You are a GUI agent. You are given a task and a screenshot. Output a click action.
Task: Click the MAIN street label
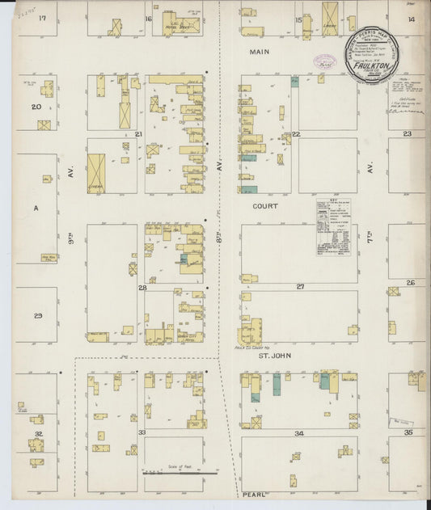tap(260, 51)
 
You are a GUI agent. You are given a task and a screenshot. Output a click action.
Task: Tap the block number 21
tap(139, 133)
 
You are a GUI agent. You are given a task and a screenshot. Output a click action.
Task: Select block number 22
tap(296, 133)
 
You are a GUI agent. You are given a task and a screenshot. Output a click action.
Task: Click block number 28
tap(142, 287)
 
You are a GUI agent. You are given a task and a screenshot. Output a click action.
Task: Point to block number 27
tap(299, 287)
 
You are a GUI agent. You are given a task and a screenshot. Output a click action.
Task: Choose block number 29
tap(37, 315)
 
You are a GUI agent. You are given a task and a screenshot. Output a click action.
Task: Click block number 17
tap(42, 18)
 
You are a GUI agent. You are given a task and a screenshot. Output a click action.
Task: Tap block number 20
tap(36, 107)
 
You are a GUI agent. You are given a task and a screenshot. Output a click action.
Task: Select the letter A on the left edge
tap(36, 208)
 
